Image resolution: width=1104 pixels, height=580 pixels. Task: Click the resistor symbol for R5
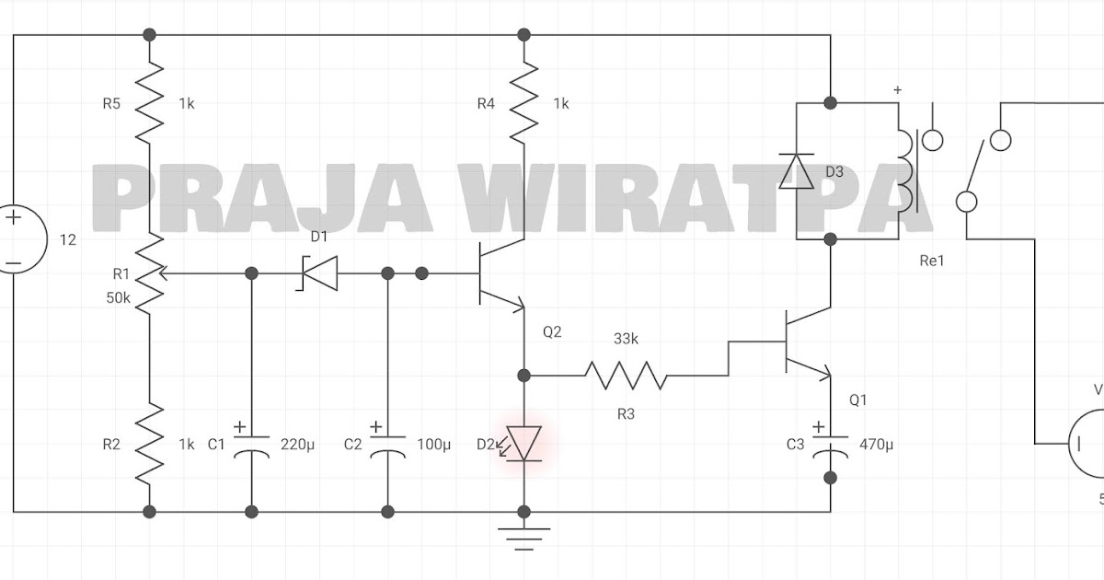[x=149, y=101]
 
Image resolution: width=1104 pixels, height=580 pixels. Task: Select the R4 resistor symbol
[x=523, y=101]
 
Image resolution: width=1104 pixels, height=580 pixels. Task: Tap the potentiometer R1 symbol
[x=149, y=273]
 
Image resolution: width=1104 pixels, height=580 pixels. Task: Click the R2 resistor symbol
[x=149, y=444]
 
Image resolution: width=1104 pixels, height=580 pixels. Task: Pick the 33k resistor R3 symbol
[x=626, y=376]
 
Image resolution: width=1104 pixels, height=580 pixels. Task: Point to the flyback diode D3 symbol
[x=796, y=171]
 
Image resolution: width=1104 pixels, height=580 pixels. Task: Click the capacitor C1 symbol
[x=251, y=444]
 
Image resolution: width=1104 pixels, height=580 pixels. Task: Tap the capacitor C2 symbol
[x=387, y=444]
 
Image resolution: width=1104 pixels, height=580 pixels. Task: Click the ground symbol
[x=523, y=536]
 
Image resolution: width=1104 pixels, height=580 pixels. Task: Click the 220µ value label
[x=297, y=445]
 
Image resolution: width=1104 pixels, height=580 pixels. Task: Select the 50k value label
[x=119, y=296]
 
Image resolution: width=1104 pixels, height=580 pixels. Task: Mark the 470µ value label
[x=876, y=445]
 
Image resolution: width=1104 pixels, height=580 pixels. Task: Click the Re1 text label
[x=932, y=261]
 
